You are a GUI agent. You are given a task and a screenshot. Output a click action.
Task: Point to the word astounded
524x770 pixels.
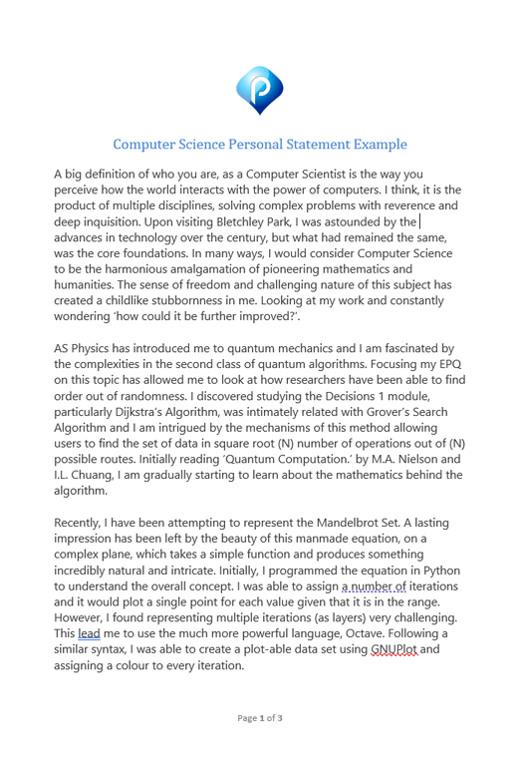coord(345,220)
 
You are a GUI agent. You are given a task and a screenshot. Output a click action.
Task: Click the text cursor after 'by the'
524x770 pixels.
coord(419,220)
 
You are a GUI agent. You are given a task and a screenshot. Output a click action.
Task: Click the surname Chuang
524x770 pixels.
coord(101,475)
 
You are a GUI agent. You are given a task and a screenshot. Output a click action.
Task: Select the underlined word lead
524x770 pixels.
coord(89,632)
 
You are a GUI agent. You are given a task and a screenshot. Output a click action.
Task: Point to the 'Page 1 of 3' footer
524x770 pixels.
coord(260,717)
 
